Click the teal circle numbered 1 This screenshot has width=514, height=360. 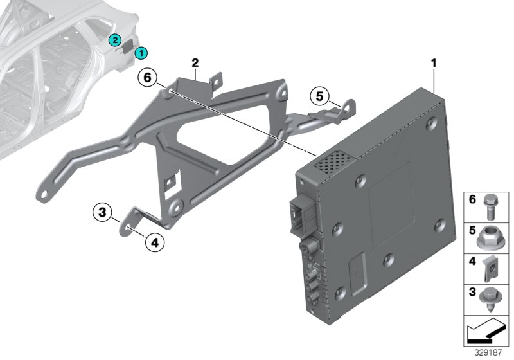point(141,53)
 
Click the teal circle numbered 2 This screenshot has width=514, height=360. point(114,40)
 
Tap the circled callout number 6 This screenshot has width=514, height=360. point(147,78)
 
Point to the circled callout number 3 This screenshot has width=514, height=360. point(102,211)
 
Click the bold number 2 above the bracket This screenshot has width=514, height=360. point(195,62)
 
